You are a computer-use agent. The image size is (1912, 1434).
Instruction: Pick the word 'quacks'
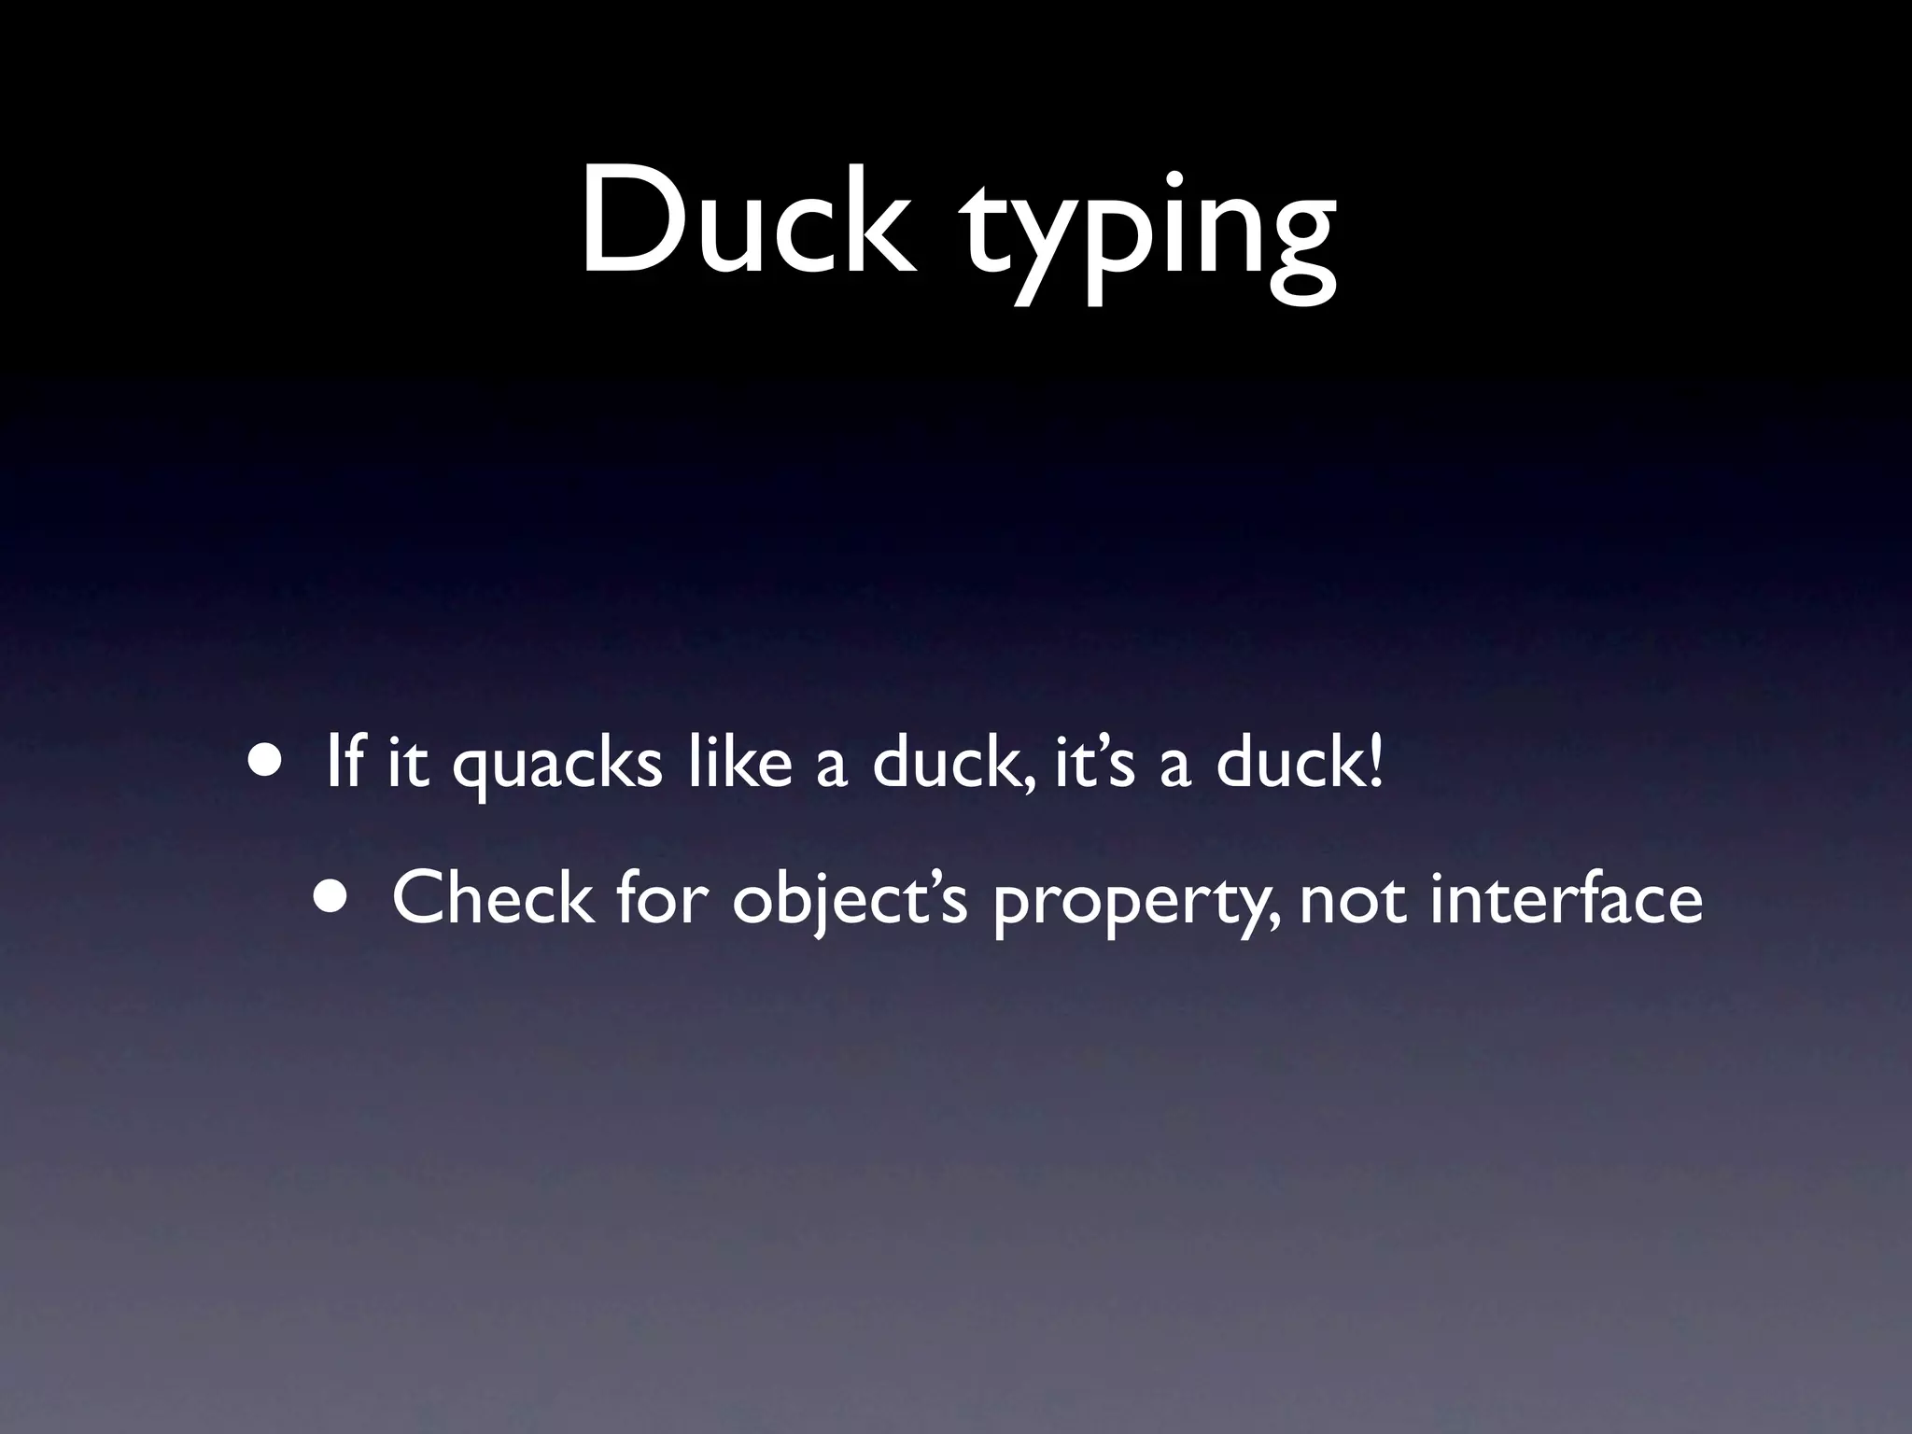point(557,767)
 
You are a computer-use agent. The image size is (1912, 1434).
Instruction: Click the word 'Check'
point(491,897)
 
